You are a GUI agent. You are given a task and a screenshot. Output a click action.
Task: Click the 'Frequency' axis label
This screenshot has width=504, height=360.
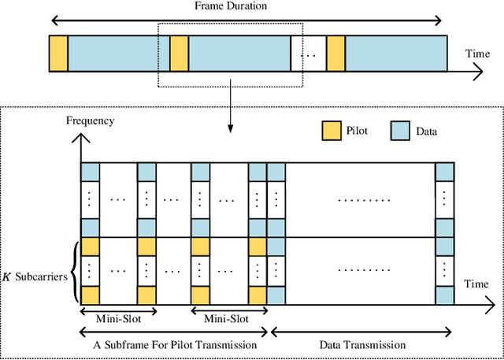[x=90, y=121]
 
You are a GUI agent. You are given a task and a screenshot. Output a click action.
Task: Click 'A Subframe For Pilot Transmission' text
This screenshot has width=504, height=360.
[x=173, y=344]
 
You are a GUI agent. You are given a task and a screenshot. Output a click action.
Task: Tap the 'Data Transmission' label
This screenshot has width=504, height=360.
[x=362, y=344]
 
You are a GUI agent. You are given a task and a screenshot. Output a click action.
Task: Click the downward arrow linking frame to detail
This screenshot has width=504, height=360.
[x=229, y=109]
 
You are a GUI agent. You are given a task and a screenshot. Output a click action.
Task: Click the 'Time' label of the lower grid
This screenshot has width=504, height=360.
[x=476, y=282]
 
